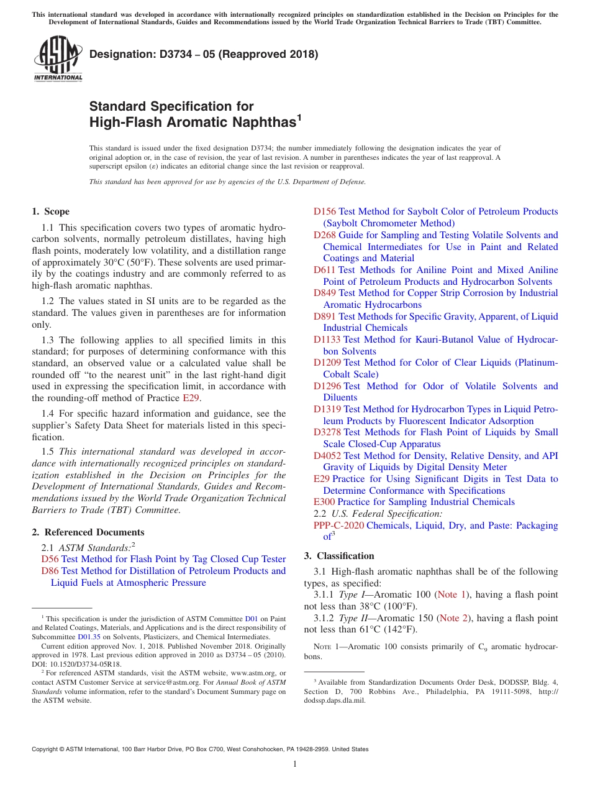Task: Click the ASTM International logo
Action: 58,58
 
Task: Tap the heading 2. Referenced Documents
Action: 88,532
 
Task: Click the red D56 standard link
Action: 50,559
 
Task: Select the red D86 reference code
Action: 50,571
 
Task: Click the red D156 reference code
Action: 325,211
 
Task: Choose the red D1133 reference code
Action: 327,340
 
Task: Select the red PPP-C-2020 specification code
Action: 338,525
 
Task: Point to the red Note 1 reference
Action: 452,595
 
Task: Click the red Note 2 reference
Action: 453,618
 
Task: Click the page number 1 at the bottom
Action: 295,764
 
